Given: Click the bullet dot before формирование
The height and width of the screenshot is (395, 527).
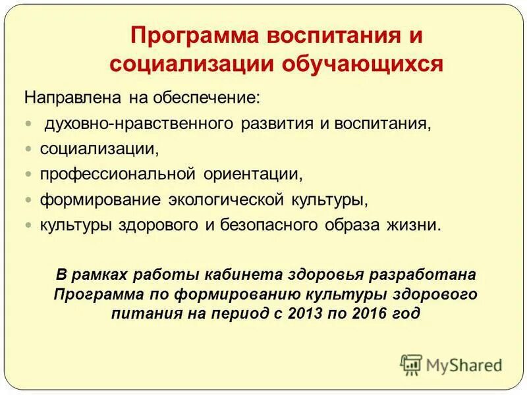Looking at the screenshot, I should pyautogui.click(x=28, y=199).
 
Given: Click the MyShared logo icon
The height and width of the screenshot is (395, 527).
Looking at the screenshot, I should pyautogui.click(x=412, y=364).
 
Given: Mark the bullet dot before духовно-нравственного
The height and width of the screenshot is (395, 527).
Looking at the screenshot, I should pyautogui.click(x=28, y=124).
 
